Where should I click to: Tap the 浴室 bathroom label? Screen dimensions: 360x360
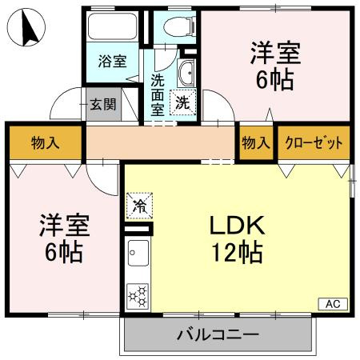coord(111,62)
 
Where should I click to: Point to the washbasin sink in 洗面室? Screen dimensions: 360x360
coord(186,74)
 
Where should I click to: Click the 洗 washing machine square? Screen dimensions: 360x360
coord(183,102)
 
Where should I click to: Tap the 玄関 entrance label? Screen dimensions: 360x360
coord(102,105)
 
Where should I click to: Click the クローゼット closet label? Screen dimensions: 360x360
coord(314,143)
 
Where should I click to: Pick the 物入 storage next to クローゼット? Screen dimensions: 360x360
coord(254,143)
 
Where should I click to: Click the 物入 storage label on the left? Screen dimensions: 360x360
coord(45,143)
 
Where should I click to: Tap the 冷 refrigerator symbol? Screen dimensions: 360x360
coord(138,207)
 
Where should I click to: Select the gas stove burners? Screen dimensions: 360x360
coord(137,296)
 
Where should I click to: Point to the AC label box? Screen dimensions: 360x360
coord(334,303)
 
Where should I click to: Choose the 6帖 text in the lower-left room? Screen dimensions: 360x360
coord(64,253)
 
